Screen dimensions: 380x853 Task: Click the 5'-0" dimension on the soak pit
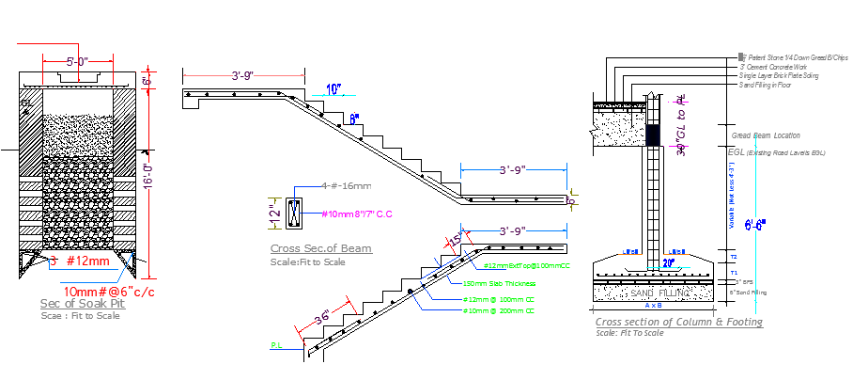coord(77,62)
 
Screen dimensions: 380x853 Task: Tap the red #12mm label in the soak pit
coord(82,260)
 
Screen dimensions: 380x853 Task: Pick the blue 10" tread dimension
coord(333,89)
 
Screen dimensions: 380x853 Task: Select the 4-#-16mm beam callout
coord(346,186)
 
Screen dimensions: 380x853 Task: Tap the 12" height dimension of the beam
coord(275,213)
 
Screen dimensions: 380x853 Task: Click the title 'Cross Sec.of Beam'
coord(320,248)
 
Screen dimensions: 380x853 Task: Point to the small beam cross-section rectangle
coord(295,214)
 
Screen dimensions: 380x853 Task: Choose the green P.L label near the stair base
coord(277,346)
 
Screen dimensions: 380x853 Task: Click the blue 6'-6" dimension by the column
coord(754,225)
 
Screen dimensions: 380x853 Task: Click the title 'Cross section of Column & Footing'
coord(678,323)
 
